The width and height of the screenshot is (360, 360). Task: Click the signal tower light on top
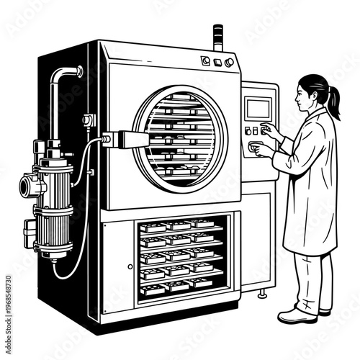(x=218, y=36)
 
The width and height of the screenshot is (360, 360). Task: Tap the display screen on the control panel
(x=257, y=108)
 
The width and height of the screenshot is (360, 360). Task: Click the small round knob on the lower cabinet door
(x=130, y=266)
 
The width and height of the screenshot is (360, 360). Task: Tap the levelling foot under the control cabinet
(x=263, y=294)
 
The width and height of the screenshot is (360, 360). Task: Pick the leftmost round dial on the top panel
(x=205, y=61)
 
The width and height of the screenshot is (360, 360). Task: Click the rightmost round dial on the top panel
(x=230, y=63)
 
